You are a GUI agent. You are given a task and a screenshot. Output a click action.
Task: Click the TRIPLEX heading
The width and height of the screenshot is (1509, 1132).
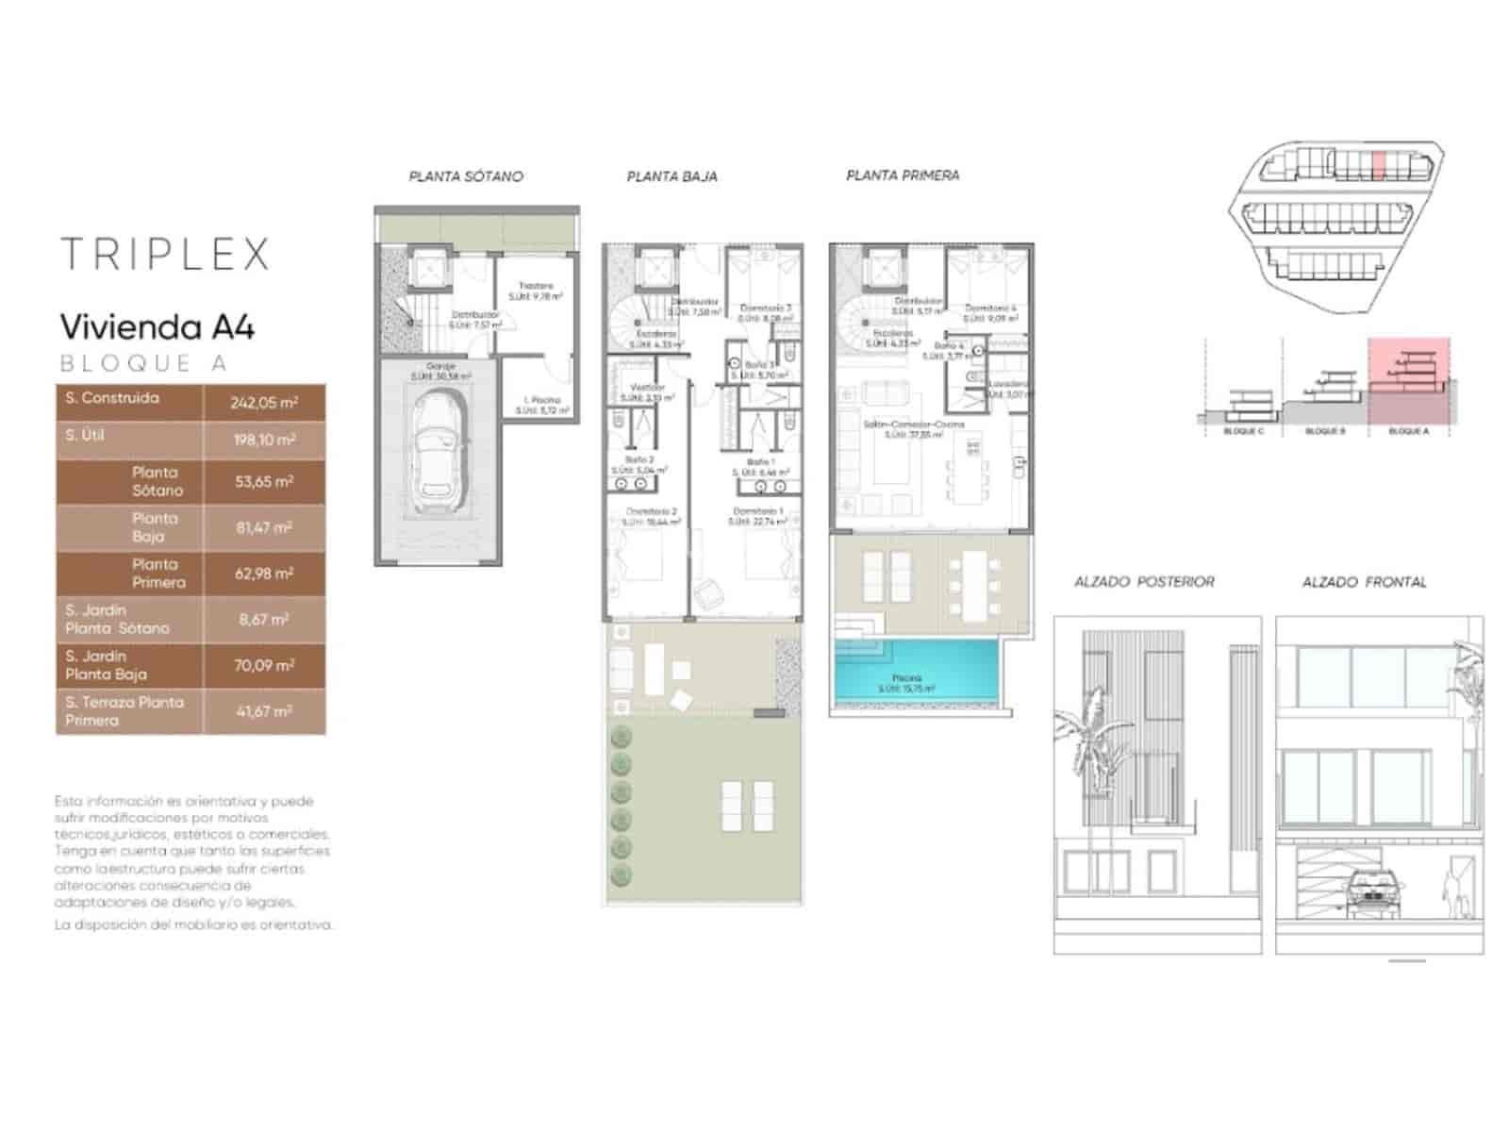[165, 255]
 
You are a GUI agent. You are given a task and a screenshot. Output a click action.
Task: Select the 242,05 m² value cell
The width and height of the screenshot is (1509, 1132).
[264, 403]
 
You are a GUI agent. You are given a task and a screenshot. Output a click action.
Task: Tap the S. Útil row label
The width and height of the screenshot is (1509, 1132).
[85, 436]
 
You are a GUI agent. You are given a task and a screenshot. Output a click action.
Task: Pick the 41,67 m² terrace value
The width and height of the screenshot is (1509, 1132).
[264, 711]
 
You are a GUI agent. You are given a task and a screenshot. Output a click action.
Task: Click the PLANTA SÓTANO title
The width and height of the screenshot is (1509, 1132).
[466, 176]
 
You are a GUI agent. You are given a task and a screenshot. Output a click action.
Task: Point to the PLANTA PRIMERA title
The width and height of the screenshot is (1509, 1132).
[903, 175]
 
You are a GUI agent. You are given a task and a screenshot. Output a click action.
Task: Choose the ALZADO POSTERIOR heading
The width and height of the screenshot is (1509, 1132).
[1144, 582]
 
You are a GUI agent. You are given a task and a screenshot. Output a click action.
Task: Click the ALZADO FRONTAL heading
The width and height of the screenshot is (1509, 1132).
[1364, 582]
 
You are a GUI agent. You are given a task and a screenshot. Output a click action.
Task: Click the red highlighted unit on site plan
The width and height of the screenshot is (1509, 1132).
[1378, 167]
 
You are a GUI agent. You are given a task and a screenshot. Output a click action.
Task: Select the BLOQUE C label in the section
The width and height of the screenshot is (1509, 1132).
[1243, 431]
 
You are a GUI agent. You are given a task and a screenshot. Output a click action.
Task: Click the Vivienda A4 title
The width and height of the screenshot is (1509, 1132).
[158, 327]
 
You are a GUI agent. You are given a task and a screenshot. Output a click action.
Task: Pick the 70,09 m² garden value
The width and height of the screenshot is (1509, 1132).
[264, 666]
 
